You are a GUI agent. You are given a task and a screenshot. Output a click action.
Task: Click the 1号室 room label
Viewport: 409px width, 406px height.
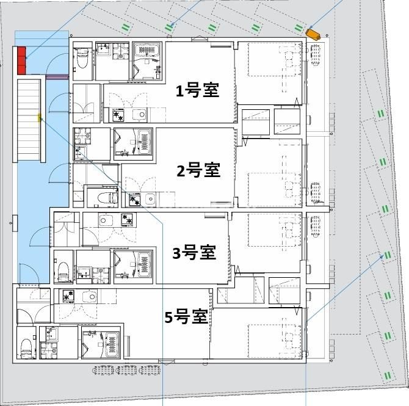pyautogui.click(x=197, y=91)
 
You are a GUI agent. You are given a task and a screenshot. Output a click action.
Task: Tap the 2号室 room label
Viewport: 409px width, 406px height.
pyautogui.click(x=198, y=170)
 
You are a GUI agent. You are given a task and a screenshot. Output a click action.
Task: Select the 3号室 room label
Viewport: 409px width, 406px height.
pyautogui.click(x=194, y=252)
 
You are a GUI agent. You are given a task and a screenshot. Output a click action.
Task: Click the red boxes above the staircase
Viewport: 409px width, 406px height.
pyautogui.click(x=22, y=59)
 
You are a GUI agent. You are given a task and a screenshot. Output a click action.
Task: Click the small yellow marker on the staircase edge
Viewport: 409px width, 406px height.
pyautogui.click(x=40, y=117)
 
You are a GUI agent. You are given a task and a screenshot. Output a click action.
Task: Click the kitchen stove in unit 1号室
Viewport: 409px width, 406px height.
pyautogui.click(x=117, y=114)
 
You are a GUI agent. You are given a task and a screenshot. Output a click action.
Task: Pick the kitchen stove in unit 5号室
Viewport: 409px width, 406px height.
pyautogui.click(x=67, y=296)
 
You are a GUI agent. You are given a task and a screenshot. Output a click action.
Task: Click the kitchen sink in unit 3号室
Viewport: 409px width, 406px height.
pyautogui.click(x=105, y=220)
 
